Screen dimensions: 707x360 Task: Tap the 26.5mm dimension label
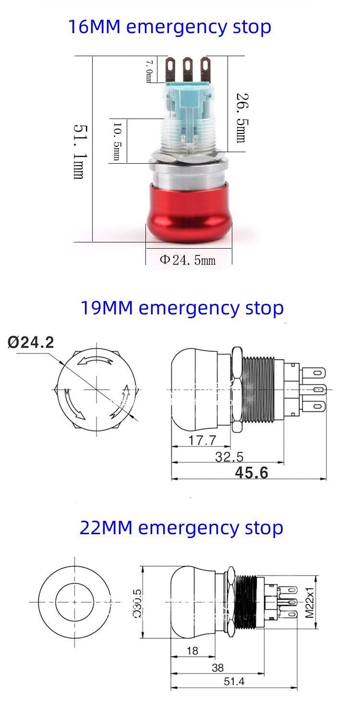pos(240,117)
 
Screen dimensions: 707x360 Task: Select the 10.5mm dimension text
pos(117,142)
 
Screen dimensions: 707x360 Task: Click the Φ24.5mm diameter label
pos(188,260)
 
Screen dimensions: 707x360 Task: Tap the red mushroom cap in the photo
pos(189,213)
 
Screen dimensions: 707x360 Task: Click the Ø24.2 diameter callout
pos(31,342)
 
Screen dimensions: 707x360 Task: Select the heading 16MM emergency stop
pos(169,27)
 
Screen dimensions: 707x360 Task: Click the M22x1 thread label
pos(310,601)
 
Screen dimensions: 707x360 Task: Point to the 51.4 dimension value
pos(234,682)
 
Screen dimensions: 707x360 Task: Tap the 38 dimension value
pos(217,668)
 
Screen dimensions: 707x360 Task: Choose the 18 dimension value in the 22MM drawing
pos(192,650)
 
